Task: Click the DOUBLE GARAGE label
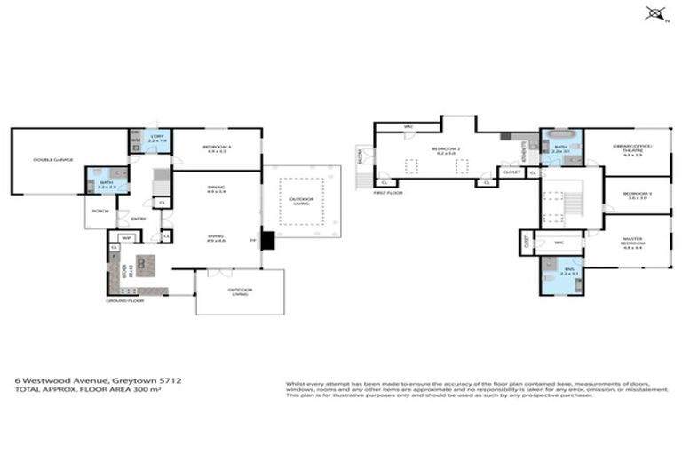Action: [53, 160]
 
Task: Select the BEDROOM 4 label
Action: [216, 148]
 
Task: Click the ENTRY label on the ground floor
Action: [139, 219]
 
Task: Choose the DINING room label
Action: [216, 188]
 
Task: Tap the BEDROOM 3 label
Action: [637, 196]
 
